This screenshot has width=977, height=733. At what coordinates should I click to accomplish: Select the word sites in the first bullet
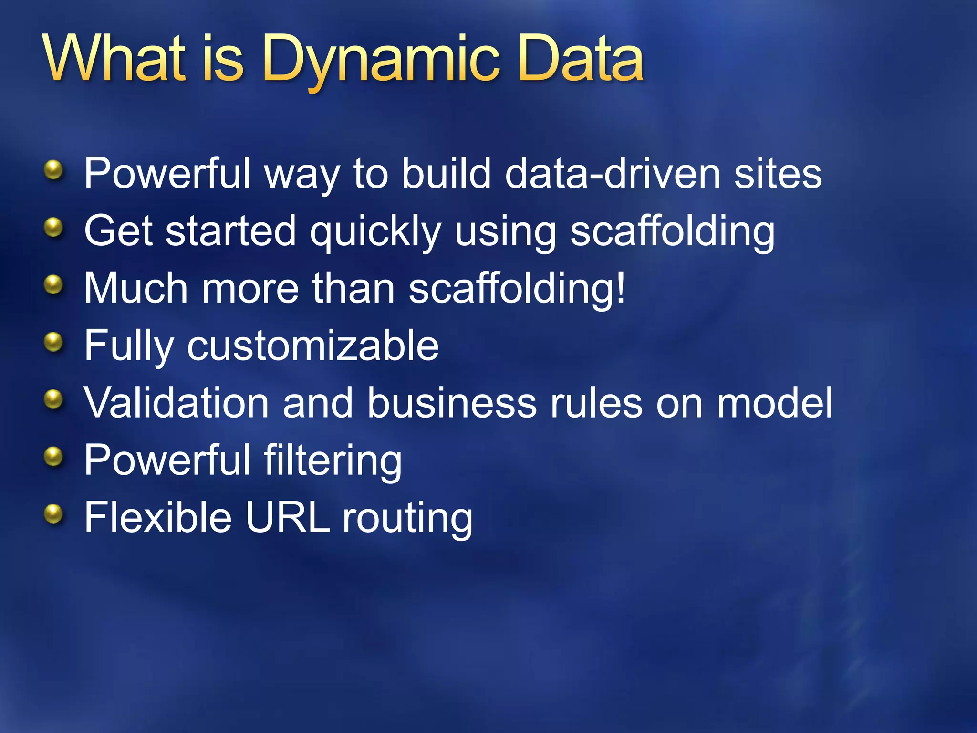coord(778,174)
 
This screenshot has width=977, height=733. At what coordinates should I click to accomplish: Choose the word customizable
coord(313,346)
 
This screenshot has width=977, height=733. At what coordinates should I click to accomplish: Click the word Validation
coord(177,403)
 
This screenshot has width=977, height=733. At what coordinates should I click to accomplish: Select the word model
coord(775,403)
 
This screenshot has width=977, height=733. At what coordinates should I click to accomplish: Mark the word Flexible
coord(158,518)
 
